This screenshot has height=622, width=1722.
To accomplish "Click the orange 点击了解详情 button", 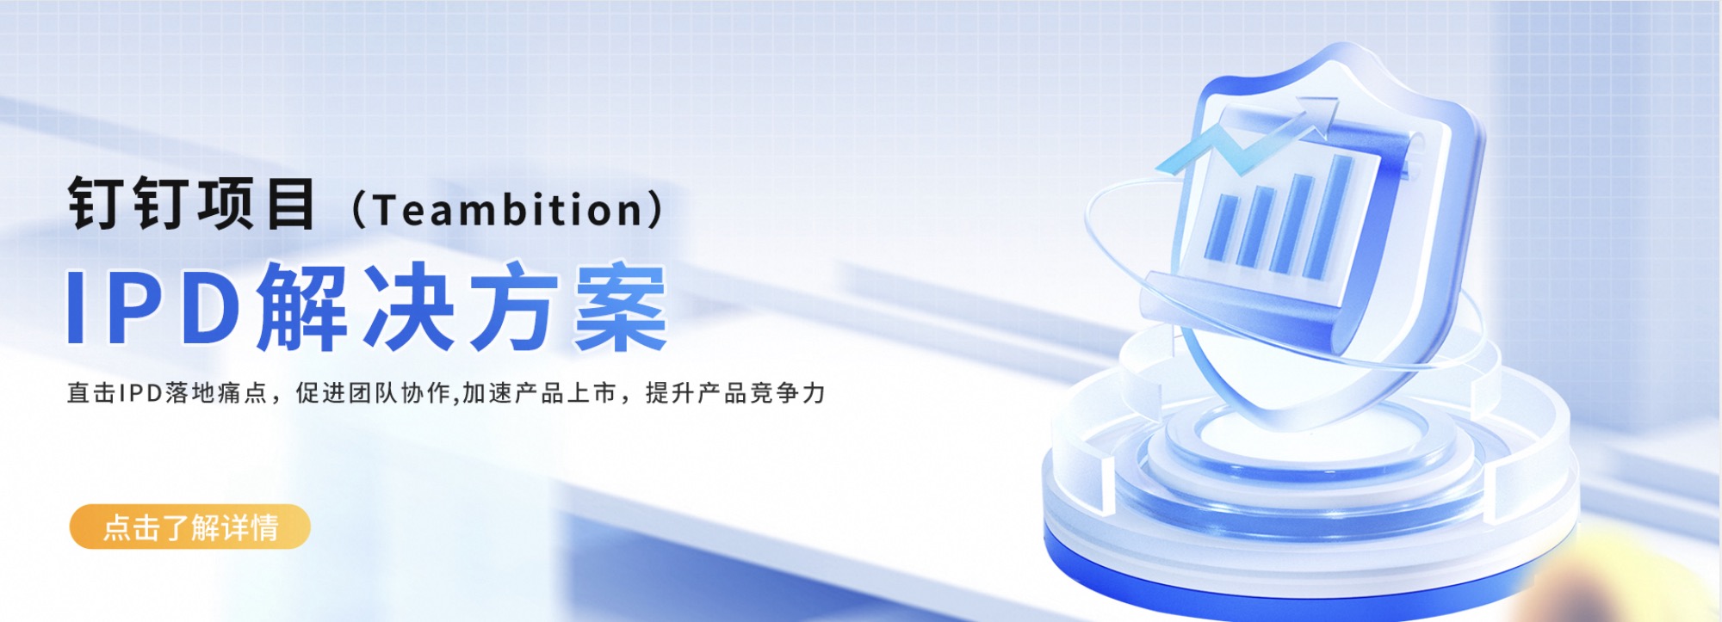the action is pyautogui.click(x=189, y=527).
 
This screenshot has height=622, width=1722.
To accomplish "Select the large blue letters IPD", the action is pyautogui.click(x=154, y=308).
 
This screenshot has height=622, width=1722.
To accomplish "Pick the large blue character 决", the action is pyautogui.click(x=408, y=308).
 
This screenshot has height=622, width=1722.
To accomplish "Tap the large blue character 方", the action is pyautogui.click(x=515, y=308).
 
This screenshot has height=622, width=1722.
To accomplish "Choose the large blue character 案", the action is pyautogui.click(x=621, y=308).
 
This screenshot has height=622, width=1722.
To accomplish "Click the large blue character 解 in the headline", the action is pyautogui.click(x=302, y=308).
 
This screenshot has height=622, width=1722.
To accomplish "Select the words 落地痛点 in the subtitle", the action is pyautogui.click(x=216, y=393).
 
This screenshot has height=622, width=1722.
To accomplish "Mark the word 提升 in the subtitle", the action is pyautogui.click(x=670, y=393).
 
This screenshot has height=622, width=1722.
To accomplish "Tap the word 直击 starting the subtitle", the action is pyautogui.click(x=91, y=393).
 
